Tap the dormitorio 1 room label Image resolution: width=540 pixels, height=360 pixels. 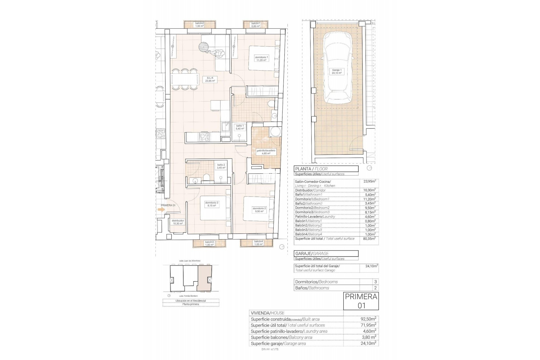[x=261, y=58]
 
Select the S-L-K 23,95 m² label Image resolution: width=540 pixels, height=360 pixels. [x=210, y=79]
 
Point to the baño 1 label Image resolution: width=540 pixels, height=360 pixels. [x=240, y=127]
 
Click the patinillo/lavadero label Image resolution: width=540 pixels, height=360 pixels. [x=266, y=152]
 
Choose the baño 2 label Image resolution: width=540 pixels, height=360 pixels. [x=221, y=166]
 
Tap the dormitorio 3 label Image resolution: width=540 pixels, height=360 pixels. [x=211, y=204]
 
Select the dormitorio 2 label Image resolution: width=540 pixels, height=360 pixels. [x=259, y=210]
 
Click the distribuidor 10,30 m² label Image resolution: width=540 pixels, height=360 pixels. [x=178, y=222]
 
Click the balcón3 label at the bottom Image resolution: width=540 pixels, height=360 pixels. [x=209, y=243]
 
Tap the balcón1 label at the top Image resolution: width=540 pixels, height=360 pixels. [x=256, y=25]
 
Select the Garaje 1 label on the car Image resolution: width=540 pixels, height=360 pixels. [x=337, y=71]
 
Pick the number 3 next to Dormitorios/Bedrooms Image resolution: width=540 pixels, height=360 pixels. [x=375, y=282]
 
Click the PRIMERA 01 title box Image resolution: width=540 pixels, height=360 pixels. [x=361, y=301]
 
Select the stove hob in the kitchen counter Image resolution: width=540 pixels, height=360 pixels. [x=204, y=137]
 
